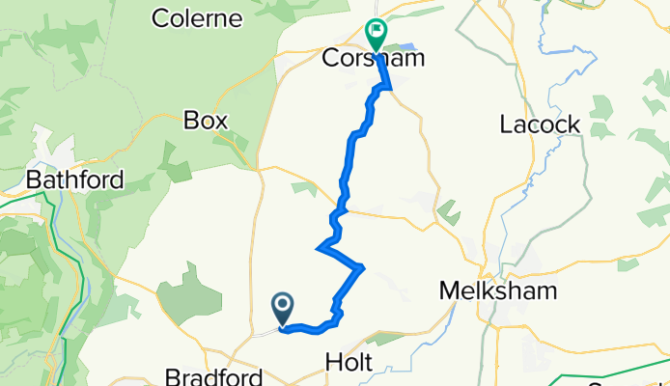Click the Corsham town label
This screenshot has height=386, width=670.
click(372, 59)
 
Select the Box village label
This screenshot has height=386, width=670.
click(205, 121)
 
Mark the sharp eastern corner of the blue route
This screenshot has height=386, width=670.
click(363, 267)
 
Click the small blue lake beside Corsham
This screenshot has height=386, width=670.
click(406, 47)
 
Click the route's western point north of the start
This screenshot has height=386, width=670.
click(318, 250)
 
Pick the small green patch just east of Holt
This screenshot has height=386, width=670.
click(389, 338)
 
